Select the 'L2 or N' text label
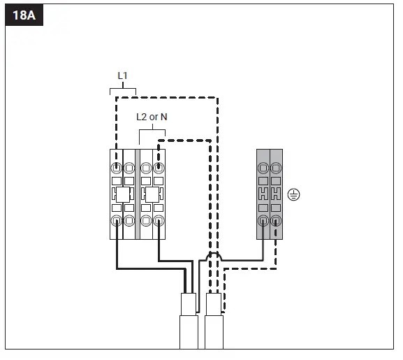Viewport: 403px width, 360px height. click(152, 117)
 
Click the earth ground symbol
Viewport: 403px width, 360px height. click(293, 195)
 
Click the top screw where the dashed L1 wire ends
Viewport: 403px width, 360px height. click(117, 168)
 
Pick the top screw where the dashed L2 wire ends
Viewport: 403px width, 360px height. click(159, 168)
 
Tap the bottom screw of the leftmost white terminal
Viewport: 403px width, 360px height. click(117, 221)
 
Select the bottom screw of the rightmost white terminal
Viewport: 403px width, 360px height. click(159, 221)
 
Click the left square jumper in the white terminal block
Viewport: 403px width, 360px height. click(120, 194)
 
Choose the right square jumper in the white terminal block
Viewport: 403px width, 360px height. click(149, 194)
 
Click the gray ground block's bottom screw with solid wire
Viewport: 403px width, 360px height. click(263, 221)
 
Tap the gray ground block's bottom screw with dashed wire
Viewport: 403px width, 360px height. click(276, 221)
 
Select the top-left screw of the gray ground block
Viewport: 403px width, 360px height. click(263, 168)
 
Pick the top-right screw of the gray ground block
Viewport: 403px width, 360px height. click(276, 168)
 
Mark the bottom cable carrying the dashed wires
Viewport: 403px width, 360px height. click(214, 329)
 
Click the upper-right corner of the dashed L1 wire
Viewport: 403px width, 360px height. click(217, 99)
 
